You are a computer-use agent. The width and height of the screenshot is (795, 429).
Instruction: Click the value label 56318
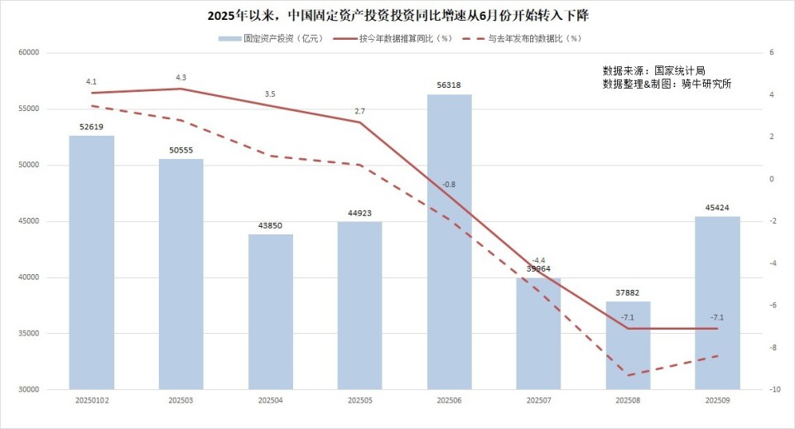click(449, 84)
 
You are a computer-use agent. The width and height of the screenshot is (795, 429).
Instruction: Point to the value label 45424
click(717, 207)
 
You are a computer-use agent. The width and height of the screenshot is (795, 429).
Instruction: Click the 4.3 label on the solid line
click(181, 77)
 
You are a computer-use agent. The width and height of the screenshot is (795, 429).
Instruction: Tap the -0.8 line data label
click(449, 184)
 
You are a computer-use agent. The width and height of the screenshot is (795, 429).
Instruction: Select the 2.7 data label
click(359, 111)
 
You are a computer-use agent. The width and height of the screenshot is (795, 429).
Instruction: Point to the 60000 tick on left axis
click(30, 53)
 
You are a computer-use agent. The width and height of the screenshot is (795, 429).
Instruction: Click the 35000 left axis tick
click(30, 334)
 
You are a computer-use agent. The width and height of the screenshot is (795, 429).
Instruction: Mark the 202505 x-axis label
click(359, 400)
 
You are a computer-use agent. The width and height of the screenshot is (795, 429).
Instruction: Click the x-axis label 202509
click(717, 400)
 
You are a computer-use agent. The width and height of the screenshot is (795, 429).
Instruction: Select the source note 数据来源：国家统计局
click(654, 70)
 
